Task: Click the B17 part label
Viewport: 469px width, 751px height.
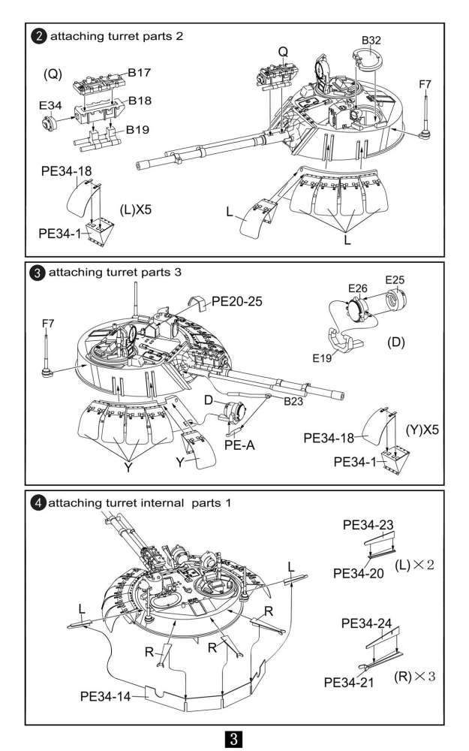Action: coord(139,73)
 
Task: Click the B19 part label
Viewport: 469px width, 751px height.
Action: coord(139,130)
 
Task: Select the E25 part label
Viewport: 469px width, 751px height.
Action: coord(395,280)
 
